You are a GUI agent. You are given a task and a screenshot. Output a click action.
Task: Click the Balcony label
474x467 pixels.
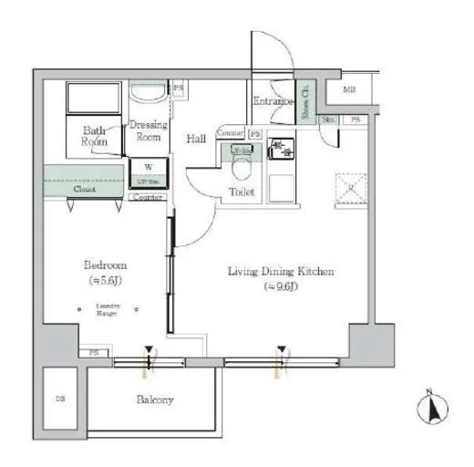[x=155, y=400]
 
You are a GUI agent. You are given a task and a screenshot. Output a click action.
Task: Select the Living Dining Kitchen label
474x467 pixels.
[x=281, y=272]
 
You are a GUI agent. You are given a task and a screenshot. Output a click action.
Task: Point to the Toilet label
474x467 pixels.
[x=242, y=193]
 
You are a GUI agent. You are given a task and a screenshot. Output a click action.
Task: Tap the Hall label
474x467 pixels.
[x=196, y=139]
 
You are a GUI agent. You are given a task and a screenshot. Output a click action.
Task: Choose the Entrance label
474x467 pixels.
[x=271, y=101]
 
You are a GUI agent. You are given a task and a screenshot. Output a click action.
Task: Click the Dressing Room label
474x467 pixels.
[x=148, y=130]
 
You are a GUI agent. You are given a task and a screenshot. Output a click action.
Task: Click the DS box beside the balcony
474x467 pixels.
[x=61, y=399]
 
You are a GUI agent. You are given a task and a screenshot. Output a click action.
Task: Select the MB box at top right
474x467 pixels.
[x=350, y=90]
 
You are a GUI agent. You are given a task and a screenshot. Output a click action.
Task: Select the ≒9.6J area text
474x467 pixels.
[x=281, y=286]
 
